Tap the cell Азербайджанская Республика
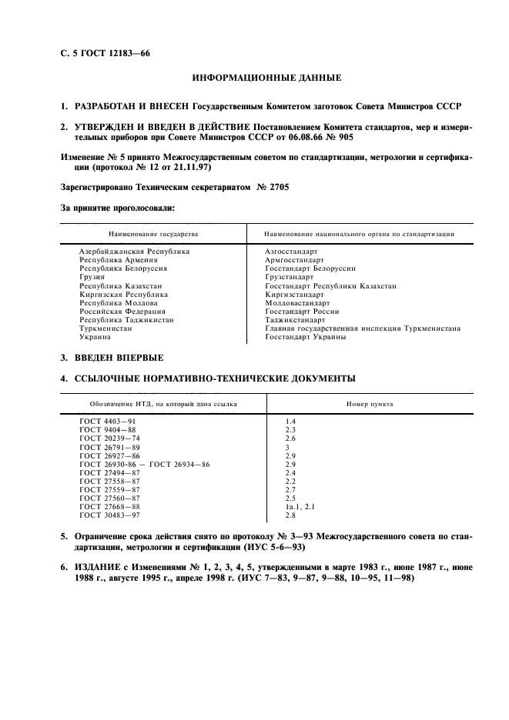tap(134, 252)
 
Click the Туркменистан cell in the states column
tap(105, 328)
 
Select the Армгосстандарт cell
tap(294, 260)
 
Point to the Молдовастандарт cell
tap(296, 303)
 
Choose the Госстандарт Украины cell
tap(305, 337)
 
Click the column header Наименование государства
tap(153, 233)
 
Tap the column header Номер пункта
tap(370, 403)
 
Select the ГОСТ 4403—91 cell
tap(109, 422)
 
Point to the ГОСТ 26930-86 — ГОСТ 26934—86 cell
tap(144, 465)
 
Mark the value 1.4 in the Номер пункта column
tap(290, 422)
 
